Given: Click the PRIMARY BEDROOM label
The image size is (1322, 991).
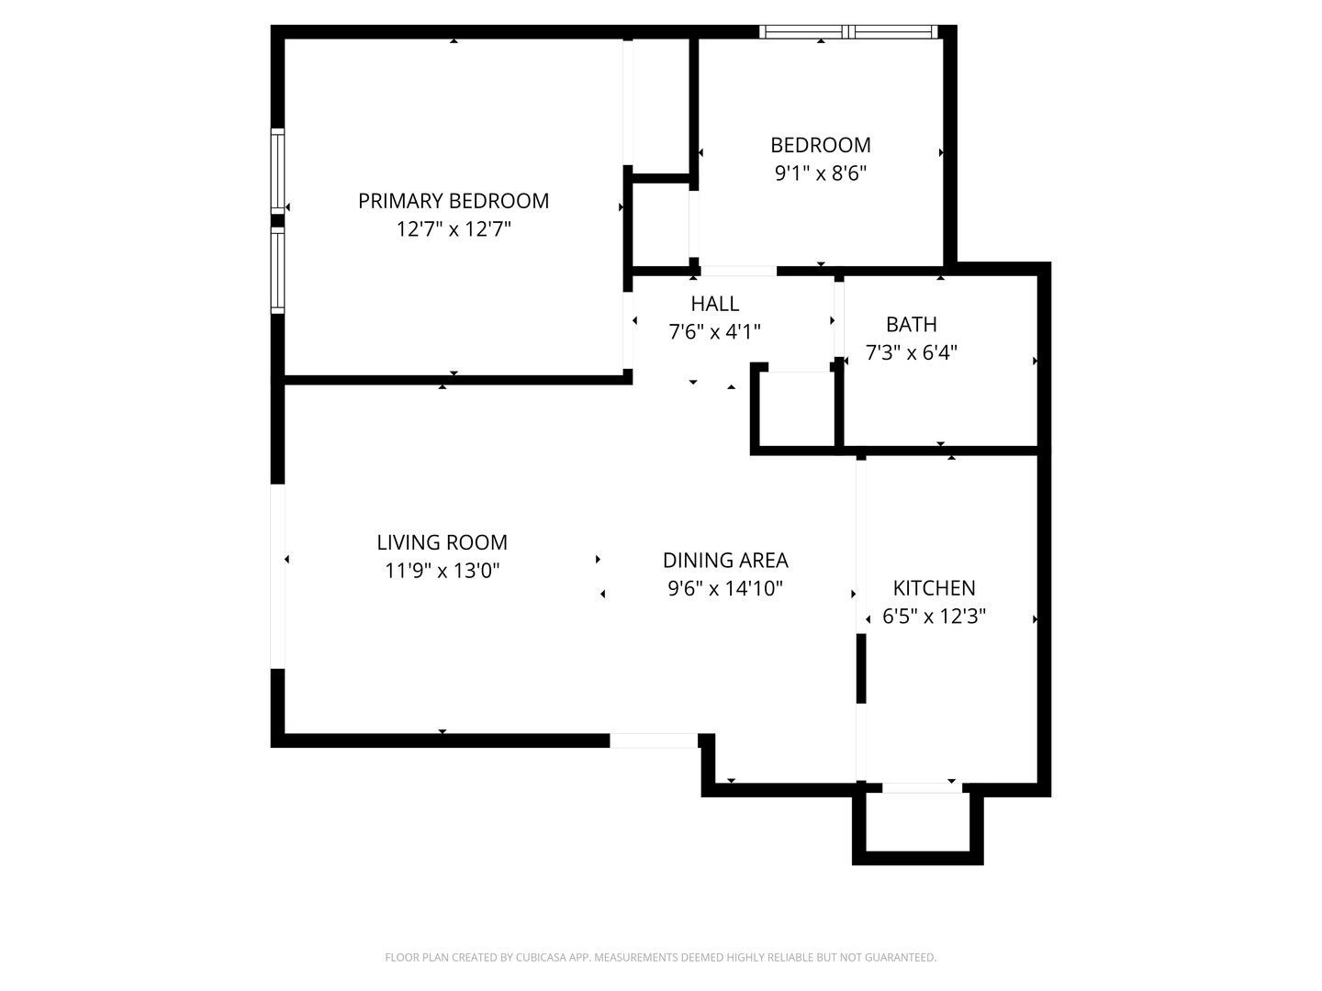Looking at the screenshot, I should (454, 201).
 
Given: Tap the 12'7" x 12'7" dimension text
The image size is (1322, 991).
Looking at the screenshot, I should (454, 229).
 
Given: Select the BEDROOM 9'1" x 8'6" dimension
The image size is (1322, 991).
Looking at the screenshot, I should (821, 173).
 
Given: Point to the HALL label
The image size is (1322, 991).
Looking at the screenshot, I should (714, 304).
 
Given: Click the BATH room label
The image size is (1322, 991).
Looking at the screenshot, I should (911, 324).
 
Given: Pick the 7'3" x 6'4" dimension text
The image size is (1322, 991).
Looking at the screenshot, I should (911, 352).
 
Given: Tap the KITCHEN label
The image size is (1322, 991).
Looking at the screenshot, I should (934, 588).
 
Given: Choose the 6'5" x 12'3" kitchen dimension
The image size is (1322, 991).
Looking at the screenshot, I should (934, 617).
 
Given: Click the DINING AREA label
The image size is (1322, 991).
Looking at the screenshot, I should (725, 560).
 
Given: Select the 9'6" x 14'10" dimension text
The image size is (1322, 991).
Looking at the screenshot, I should (725, 588).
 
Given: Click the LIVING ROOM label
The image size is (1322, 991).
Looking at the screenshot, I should (442, 542).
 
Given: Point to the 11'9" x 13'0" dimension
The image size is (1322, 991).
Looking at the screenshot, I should (442, 571).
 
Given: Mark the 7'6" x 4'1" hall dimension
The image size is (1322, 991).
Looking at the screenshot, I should (714, 332).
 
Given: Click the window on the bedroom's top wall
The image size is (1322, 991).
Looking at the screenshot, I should (849, 32).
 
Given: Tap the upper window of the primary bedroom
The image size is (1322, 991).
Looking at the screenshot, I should (277, 172).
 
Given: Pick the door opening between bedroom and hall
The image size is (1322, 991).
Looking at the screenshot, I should (738, 271).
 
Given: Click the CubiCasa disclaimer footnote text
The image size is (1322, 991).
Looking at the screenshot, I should (660, 957).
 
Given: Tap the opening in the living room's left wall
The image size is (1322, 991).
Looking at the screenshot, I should (277, 576).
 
